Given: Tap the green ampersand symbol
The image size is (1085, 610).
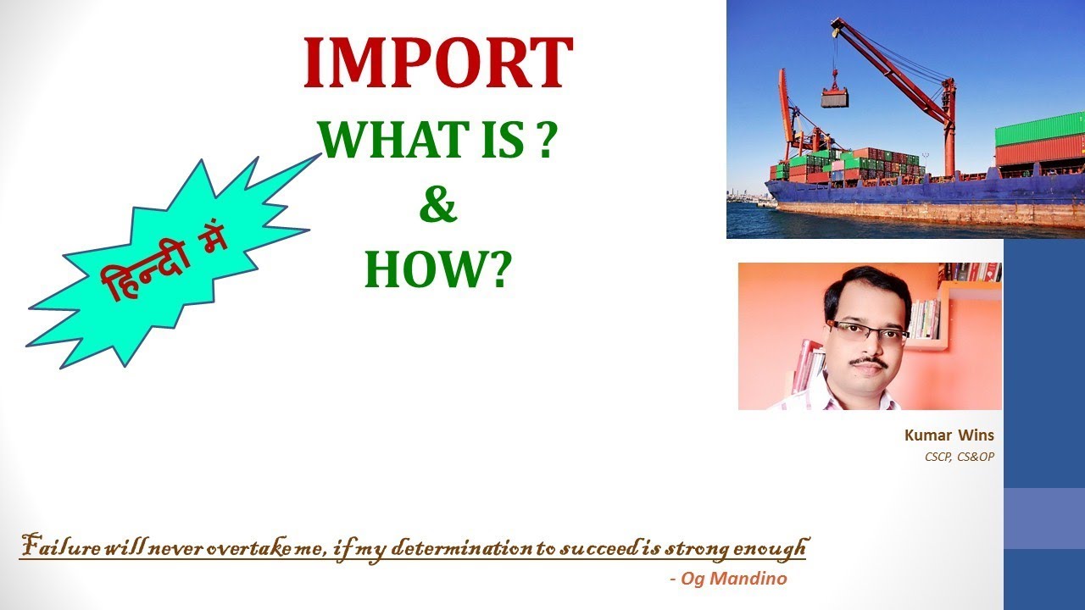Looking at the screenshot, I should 437,206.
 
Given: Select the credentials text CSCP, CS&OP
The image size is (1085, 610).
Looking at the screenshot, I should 959,457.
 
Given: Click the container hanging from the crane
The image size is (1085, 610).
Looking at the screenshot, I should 834,98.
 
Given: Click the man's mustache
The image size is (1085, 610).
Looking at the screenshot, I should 868,361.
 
